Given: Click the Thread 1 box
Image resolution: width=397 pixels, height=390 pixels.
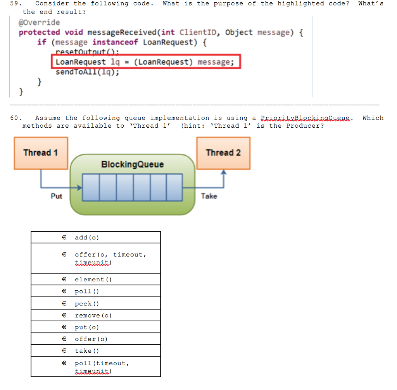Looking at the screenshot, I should pyautogui.click(x=41, y=153).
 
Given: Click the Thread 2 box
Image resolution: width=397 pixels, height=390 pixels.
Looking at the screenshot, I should pyautogui.click(x=223, y=153).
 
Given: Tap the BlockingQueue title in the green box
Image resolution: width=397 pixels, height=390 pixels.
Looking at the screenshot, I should pyautogui.click(x=132, y=165).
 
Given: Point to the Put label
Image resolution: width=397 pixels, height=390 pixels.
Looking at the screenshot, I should pyautogui.click(x=56, y=196).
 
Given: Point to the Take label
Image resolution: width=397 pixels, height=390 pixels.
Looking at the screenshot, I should pyautogui.click(x=209, y=196).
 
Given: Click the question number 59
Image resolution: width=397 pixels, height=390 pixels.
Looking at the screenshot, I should pyautogui.click(x=14, y=3).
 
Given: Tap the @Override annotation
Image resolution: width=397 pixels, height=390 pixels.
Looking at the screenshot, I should pyautogui.click(x=39, y=22).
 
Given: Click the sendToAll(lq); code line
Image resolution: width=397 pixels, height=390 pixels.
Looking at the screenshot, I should pyautogui.click(x=87, y=72).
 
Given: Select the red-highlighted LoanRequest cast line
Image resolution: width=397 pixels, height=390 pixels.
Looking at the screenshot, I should pyautogui.click(x=145, y=62).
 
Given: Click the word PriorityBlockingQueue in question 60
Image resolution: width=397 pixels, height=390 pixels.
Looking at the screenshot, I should pyautogui.click(x=306, y=118).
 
